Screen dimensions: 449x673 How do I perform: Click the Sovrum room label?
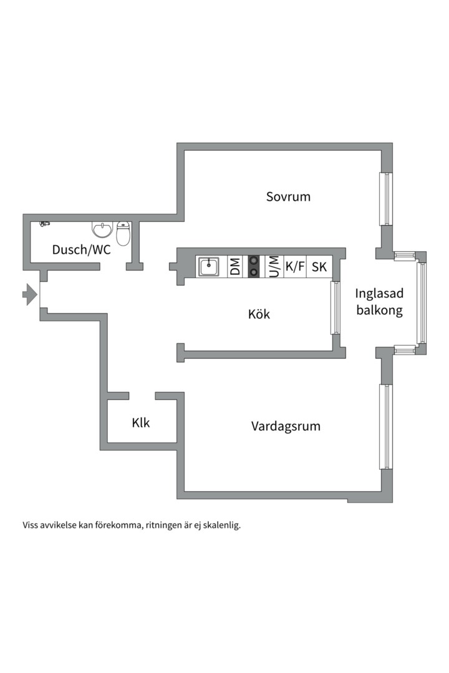pyautogui.click(x=288, y=196)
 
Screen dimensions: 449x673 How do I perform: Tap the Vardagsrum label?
pyautogui.click(x=286, y=426)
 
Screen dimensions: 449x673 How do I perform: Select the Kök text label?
pyautogui.click(x=259, y=313)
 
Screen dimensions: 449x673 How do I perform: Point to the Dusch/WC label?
pyautogui.click(x=81, y=249)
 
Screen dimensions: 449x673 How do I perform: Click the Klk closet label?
pyautogui.click(x=141, y=422)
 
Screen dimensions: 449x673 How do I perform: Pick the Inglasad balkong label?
pyautogui.click(x=379, y=302)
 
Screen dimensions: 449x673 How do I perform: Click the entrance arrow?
pyautogui.click(x=30, y=294)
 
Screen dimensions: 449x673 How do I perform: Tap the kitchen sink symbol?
pyautogui.click(x=208, y=267)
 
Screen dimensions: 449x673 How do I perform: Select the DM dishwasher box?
pyautogui.click(x=235, y=267)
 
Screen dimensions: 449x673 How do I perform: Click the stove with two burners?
pyautogui.click(x=254, y=267)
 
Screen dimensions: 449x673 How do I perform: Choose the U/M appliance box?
pyautogui.click(x=273, y=267)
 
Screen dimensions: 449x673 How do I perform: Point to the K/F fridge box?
pyautogui.click(x=295, y=267)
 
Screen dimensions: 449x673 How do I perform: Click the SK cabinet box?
pyautogui.click(x=319, y=267)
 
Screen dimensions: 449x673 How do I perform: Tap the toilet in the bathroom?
pyautogui.click(x=123, y=234)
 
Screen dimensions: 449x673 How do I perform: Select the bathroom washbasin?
pyautogui.click(x=102, y=229)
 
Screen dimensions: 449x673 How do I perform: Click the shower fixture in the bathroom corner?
pyautogui.click(x=45, y=224)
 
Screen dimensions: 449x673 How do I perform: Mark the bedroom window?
pyautogui.click(x=387, y=199)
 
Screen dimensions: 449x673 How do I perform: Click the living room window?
pyautogui.click(x=386, y=427)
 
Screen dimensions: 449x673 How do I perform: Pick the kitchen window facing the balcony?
pyautogui.click(x=335, y=307)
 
